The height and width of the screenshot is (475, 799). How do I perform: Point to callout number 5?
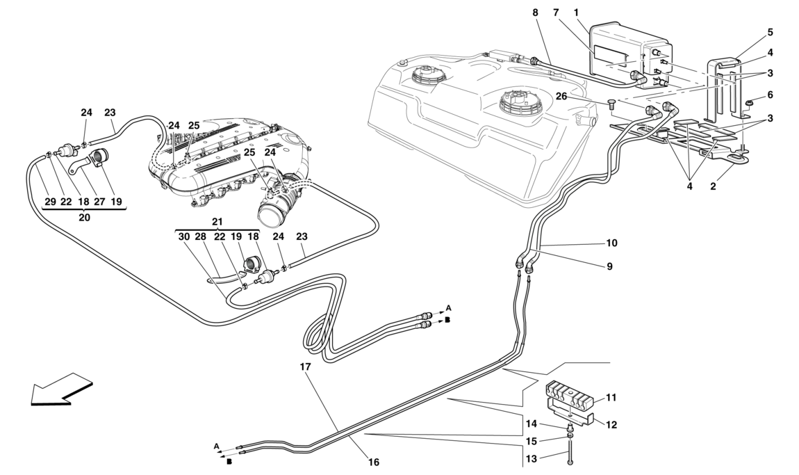point(770,32)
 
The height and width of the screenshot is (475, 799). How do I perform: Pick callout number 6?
point(770,95)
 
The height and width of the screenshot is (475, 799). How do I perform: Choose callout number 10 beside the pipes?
point(611,243)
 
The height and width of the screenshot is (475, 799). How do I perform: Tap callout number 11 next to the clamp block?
point(611,398)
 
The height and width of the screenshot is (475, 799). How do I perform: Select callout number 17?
point(306,366)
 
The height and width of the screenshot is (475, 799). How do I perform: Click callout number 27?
point(100,201)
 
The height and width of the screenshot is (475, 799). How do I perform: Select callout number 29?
point(50,201)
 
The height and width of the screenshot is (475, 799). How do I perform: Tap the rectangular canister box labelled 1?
point(625,52)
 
